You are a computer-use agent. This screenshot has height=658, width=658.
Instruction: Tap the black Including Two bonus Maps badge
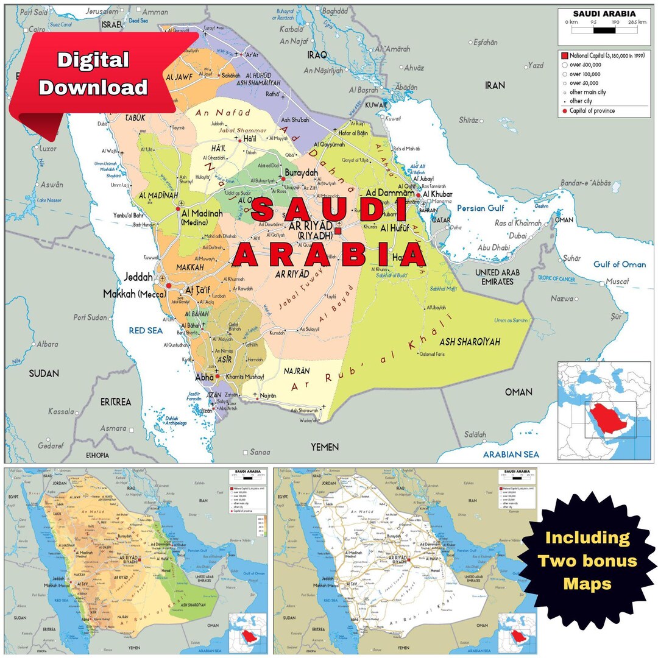tap(587, 561)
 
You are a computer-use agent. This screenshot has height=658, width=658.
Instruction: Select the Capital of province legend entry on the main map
tap(592, 111)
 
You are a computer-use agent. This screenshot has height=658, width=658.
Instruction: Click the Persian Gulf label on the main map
tap(481, 208)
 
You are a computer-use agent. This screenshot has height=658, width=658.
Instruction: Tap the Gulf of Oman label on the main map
tap(620, 264)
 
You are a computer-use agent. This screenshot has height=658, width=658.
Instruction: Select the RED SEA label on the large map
tap(146, 330)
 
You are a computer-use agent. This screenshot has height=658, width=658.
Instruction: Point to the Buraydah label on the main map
tap(301, 173)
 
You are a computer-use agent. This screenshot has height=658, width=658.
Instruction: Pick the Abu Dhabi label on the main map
tap(493, 247)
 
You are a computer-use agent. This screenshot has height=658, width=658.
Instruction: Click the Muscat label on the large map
tap(615, 282)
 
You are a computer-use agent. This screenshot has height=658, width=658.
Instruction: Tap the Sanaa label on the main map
tap(260, 452)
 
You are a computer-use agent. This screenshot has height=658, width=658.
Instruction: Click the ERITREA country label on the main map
tap(116, 402)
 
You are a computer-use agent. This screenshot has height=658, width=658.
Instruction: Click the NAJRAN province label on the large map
tap(297, 370)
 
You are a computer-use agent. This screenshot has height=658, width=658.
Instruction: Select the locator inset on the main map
tap(604, 411)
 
